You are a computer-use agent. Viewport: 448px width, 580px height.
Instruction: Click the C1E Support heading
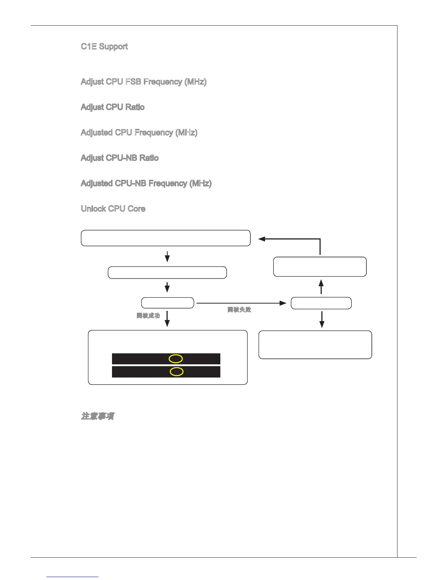[104, 47]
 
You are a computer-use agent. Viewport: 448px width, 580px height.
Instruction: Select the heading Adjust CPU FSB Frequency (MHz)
[143, 82]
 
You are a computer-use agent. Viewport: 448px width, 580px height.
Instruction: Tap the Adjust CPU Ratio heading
[113, 107]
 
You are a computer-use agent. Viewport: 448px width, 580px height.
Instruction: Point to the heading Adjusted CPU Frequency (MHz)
[139, 132]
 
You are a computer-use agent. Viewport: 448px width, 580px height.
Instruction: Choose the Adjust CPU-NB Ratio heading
[120, 158]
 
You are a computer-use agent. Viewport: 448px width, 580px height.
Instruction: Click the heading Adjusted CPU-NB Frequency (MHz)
[146, 183]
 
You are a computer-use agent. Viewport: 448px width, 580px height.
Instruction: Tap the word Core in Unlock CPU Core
[137, 209]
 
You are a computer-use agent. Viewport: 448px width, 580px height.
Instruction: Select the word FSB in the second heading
[133, 82]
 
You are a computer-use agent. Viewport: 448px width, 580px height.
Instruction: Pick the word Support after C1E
[113, 47]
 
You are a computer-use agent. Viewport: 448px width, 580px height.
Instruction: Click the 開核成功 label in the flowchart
[148, 316]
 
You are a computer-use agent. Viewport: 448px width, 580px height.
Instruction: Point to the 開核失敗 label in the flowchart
[239, 310]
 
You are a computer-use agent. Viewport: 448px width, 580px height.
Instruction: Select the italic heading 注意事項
[97, 416]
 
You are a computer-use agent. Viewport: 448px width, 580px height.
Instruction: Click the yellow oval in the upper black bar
[176, 359]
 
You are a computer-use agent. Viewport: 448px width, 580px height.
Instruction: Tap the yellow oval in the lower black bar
[176, 372]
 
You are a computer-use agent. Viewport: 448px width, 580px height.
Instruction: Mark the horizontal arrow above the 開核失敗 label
[242, 303]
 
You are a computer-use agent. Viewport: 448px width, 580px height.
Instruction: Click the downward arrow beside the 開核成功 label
[167, 319]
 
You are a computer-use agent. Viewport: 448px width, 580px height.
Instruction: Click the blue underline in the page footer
[72, 577]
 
